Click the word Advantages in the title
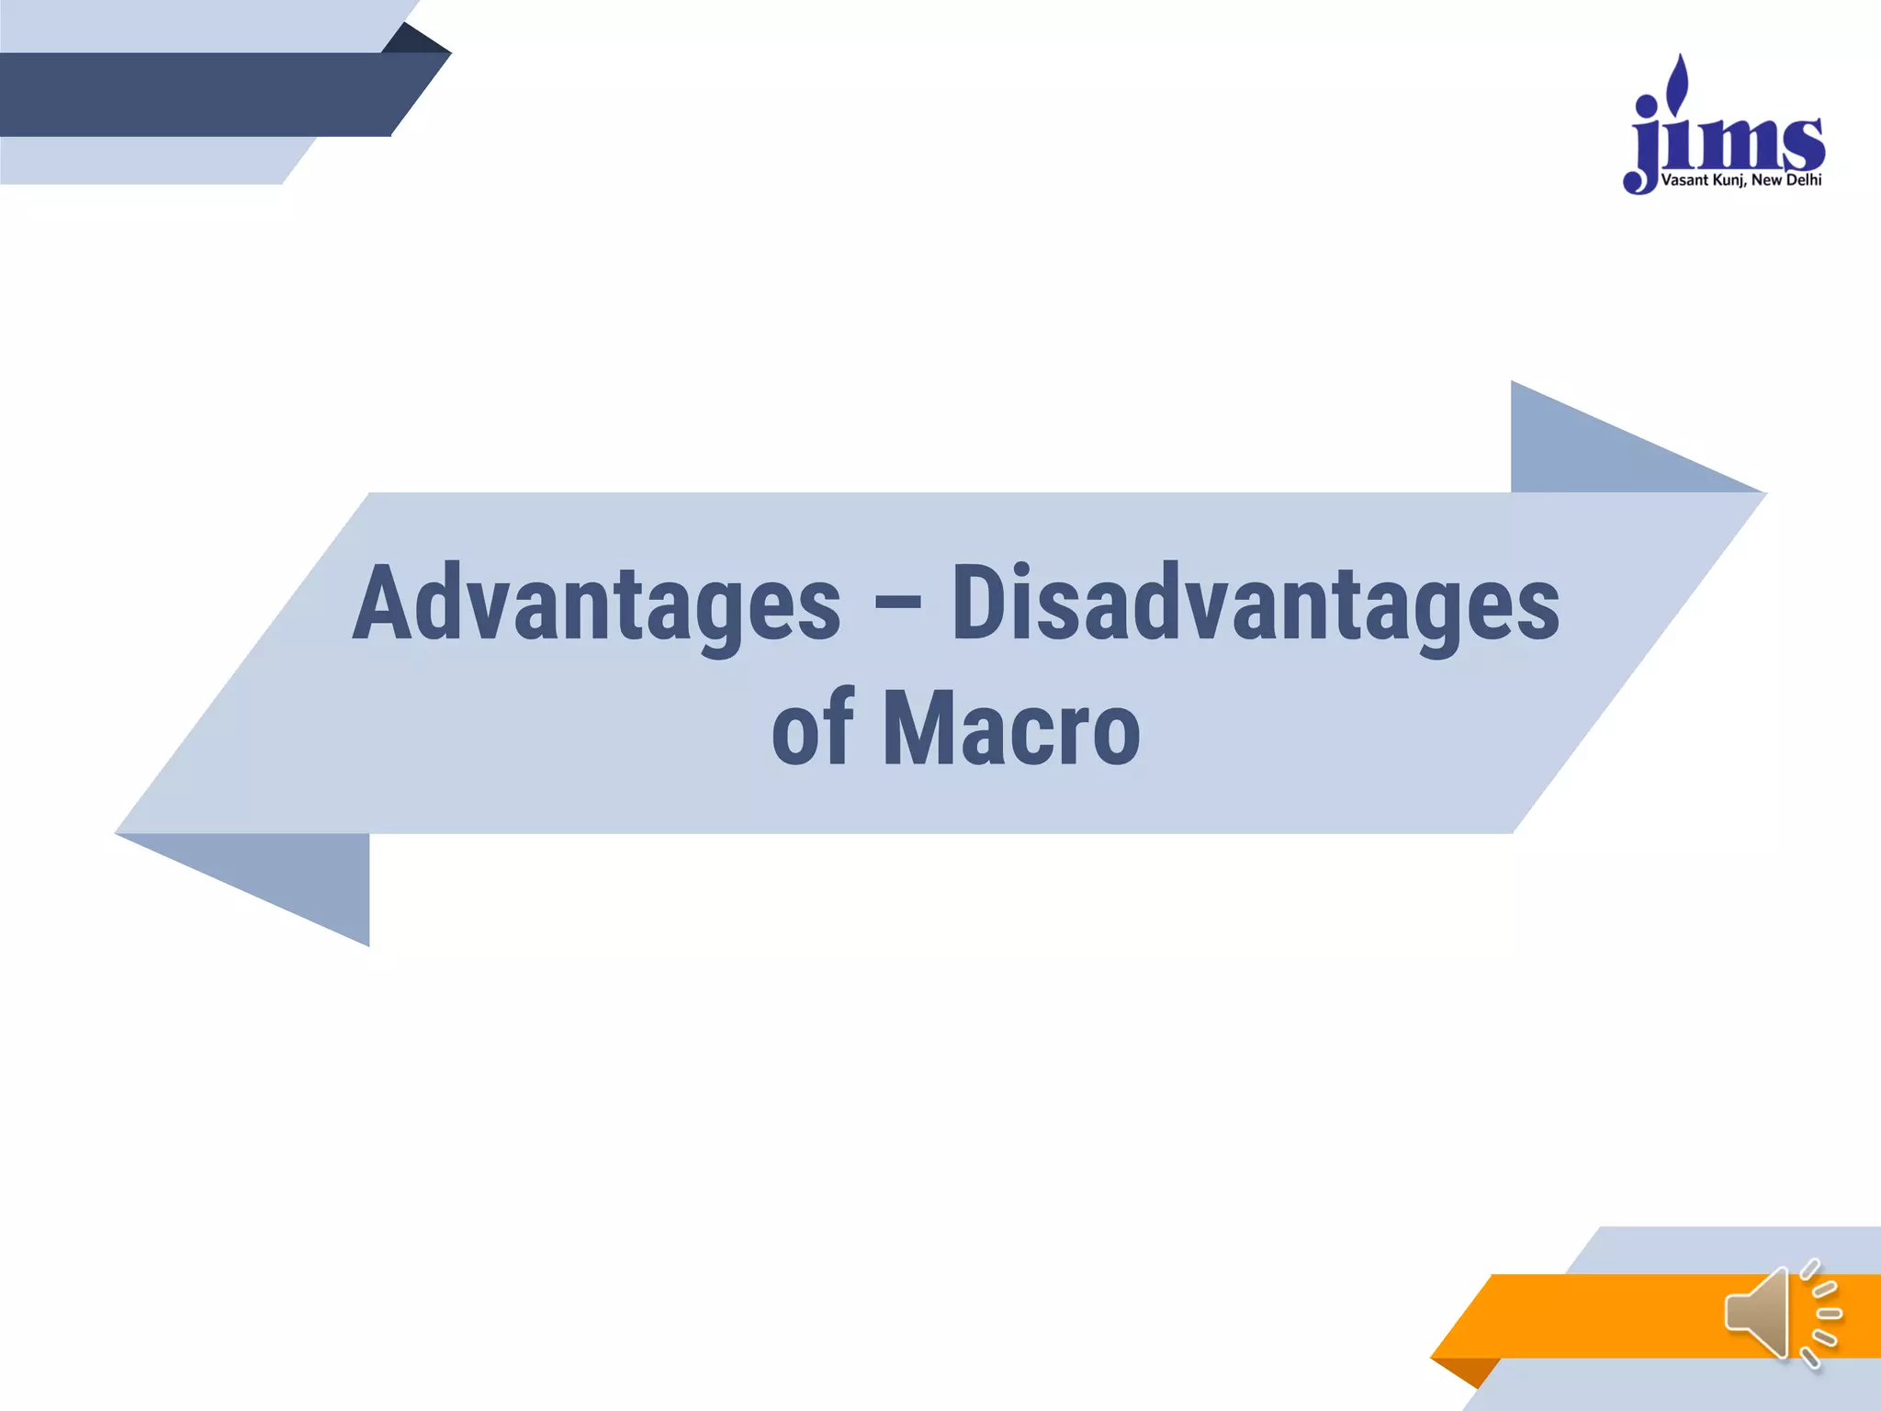click(596, 604)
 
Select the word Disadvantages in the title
click(1255, 604)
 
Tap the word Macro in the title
click(1010, 728)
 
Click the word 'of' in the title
click(812, 728)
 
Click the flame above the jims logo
click(1680, 80)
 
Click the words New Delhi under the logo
click(1786, 181)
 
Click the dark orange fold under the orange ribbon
click(1470, 1371)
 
